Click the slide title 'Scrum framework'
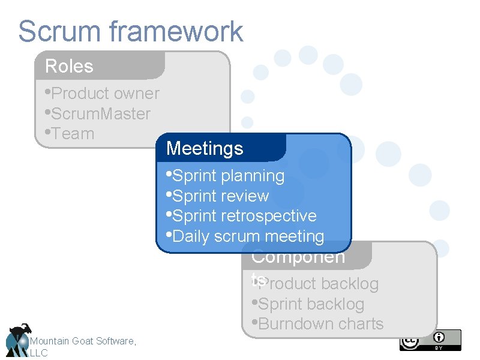tap(130, 31)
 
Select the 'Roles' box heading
tap(70, 66)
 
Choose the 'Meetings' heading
tap(205, 148)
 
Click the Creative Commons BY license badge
tap(430, 340)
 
